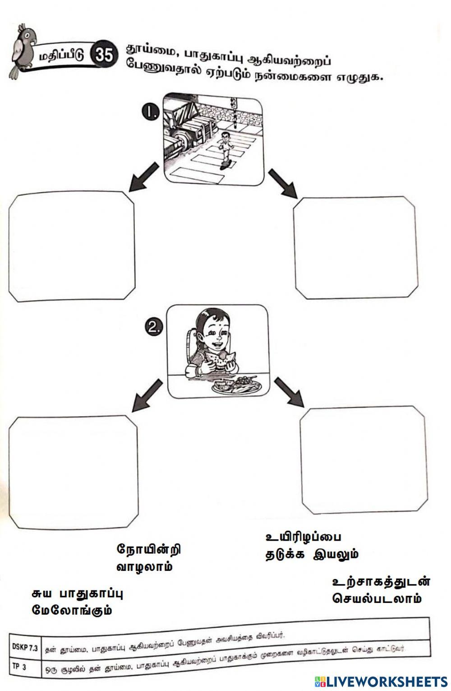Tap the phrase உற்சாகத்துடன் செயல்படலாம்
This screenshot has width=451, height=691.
[x=381, y=590]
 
